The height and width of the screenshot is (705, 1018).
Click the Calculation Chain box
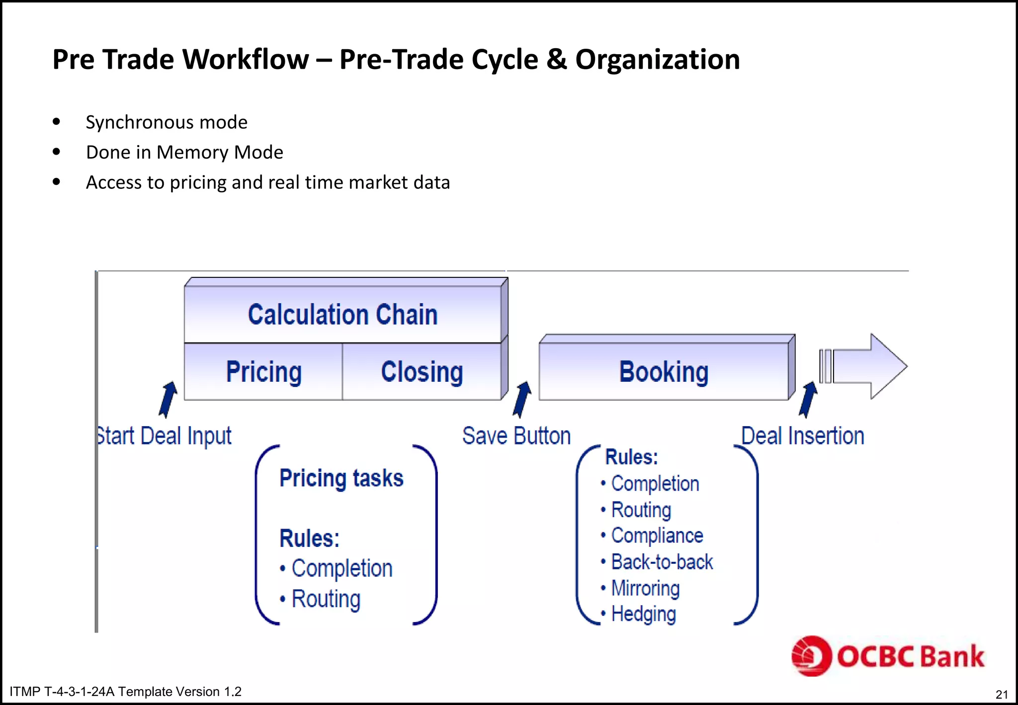click(342, 314)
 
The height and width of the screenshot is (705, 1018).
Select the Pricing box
click(263, 372)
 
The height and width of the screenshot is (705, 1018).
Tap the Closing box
click(422, 372)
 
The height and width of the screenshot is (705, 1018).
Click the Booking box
click(664, 372)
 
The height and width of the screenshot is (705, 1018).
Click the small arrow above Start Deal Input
click(168, 399)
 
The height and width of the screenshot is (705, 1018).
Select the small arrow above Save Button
click(522, 399)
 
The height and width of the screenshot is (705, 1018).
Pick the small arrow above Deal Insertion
click(808, 399)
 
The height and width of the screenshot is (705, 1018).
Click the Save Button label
click(516, 436)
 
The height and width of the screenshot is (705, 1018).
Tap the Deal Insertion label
click(802, 436)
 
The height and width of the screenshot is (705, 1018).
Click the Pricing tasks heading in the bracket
click(341, 478)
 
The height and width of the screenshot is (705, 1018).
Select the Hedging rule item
click(643, 614)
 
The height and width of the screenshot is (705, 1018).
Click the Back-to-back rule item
click(662, 562)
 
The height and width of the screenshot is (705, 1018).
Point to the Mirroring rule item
click(645, 588)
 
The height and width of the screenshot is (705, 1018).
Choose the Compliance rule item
click(657, 535)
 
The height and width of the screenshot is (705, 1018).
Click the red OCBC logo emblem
click(811, 656)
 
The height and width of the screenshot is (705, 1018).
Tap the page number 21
click(1002, 694)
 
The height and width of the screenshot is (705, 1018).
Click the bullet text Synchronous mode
click(167, 122)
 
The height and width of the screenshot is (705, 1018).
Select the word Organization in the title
click(657, 60)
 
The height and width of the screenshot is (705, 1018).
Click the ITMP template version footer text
click(125, 692)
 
